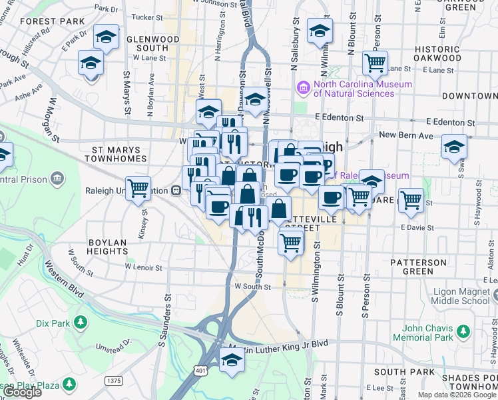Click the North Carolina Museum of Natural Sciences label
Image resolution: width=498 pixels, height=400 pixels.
354,89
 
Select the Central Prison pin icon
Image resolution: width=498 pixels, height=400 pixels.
57,178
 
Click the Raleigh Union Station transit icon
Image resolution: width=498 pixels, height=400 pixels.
176,190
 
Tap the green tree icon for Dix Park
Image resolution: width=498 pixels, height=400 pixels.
81,323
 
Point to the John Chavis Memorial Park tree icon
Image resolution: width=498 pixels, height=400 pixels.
463,330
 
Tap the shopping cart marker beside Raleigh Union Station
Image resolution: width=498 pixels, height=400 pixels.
138,188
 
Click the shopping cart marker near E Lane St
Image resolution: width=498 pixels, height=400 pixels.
375,63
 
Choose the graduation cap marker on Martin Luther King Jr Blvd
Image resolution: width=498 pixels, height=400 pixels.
232,361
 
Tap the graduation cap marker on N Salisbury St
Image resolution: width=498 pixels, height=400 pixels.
320,31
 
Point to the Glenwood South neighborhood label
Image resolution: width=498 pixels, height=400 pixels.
157,43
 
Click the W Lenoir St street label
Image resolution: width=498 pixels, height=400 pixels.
143,267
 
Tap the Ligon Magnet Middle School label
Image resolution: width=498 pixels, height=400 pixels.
461,296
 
